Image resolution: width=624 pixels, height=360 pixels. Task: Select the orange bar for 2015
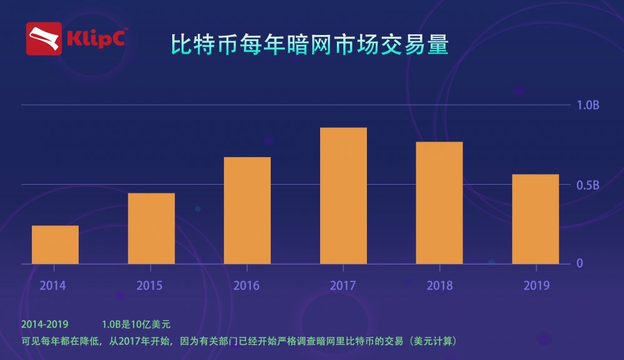pos(151,228)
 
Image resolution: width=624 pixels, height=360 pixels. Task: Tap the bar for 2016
pos(247,210)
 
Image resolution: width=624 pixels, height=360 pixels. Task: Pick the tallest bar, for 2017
pos(343,195)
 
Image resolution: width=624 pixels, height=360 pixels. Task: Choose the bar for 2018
pos(439,203)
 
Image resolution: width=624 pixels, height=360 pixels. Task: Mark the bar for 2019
pos(535,219)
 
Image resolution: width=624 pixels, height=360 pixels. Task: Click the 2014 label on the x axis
pos(53,286)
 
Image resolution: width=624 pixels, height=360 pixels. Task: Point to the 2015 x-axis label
pos(149,286)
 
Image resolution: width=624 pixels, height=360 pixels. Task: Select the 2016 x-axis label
pos(246,286)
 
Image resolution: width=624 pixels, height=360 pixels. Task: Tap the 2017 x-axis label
pos(343,286)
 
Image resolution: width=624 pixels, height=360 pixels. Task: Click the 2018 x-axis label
pos(440,286)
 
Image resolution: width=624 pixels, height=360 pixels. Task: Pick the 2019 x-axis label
pos(537,286)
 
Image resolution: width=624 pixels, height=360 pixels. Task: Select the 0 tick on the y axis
pos(580,263)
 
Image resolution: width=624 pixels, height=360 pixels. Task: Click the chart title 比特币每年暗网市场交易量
pos(310,46)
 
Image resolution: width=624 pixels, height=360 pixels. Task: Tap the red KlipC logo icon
pos(44,39)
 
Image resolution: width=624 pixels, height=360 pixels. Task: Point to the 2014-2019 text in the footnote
pos(44,324)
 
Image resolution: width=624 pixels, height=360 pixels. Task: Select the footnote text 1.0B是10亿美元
pos(136,324)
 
